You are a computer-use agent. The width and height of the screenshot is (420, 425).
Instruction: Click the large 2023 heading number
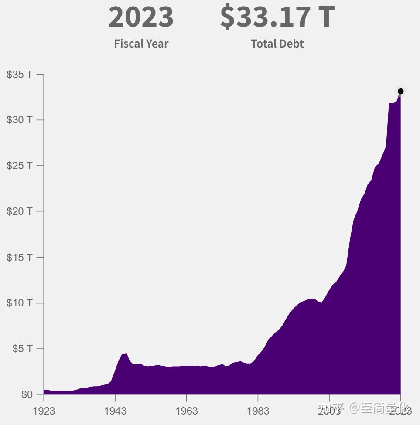(141, 17)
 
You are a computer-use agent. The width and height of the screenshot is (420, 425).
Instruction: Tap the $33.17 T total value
(277, 17)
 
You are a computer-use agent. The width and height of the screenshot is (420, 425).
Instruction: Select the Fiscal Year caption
(141, 44)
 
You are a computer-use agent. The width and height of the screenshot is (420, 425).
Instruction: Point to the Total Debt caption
(277, 44)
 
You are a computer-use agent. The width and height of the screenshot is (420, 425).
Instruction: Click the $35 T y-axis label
(20, 75)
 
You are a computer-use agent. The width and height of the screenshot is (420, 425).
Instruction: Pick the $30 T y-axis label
(20, 120)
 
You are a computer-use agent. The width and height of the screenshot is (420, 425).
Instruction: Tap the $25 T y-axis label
(20, 166)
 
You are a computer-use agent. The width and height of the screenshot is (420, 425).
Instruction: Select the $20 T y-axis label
(20, 211)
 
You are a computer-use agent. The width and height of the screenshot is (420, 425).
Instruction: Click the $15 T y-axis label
(20, 257)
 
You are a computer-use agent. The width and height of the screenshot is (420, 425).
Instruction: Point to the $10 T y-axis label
(20, 303)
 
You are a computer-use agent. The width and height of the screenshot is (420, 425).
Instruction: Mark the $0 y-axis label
(27, 394)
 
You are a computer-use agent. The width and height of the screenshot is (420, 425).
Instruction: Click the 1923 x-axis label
(44, 411)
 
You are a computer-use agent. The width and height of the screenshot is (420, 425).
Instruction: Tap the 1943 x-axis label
(115, 411)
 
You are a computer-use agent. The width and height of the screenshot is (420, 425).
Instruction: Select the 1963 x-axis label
(186, 411)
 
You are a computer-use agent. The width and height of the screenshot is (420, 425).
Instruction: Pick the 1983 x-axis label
(258, 411)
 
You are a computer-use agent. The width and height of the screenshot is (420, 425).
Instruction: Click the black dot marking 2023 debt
(400, 92)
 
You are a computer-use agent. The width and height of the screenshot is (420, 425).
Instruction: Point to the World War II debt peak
(126, 354)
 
